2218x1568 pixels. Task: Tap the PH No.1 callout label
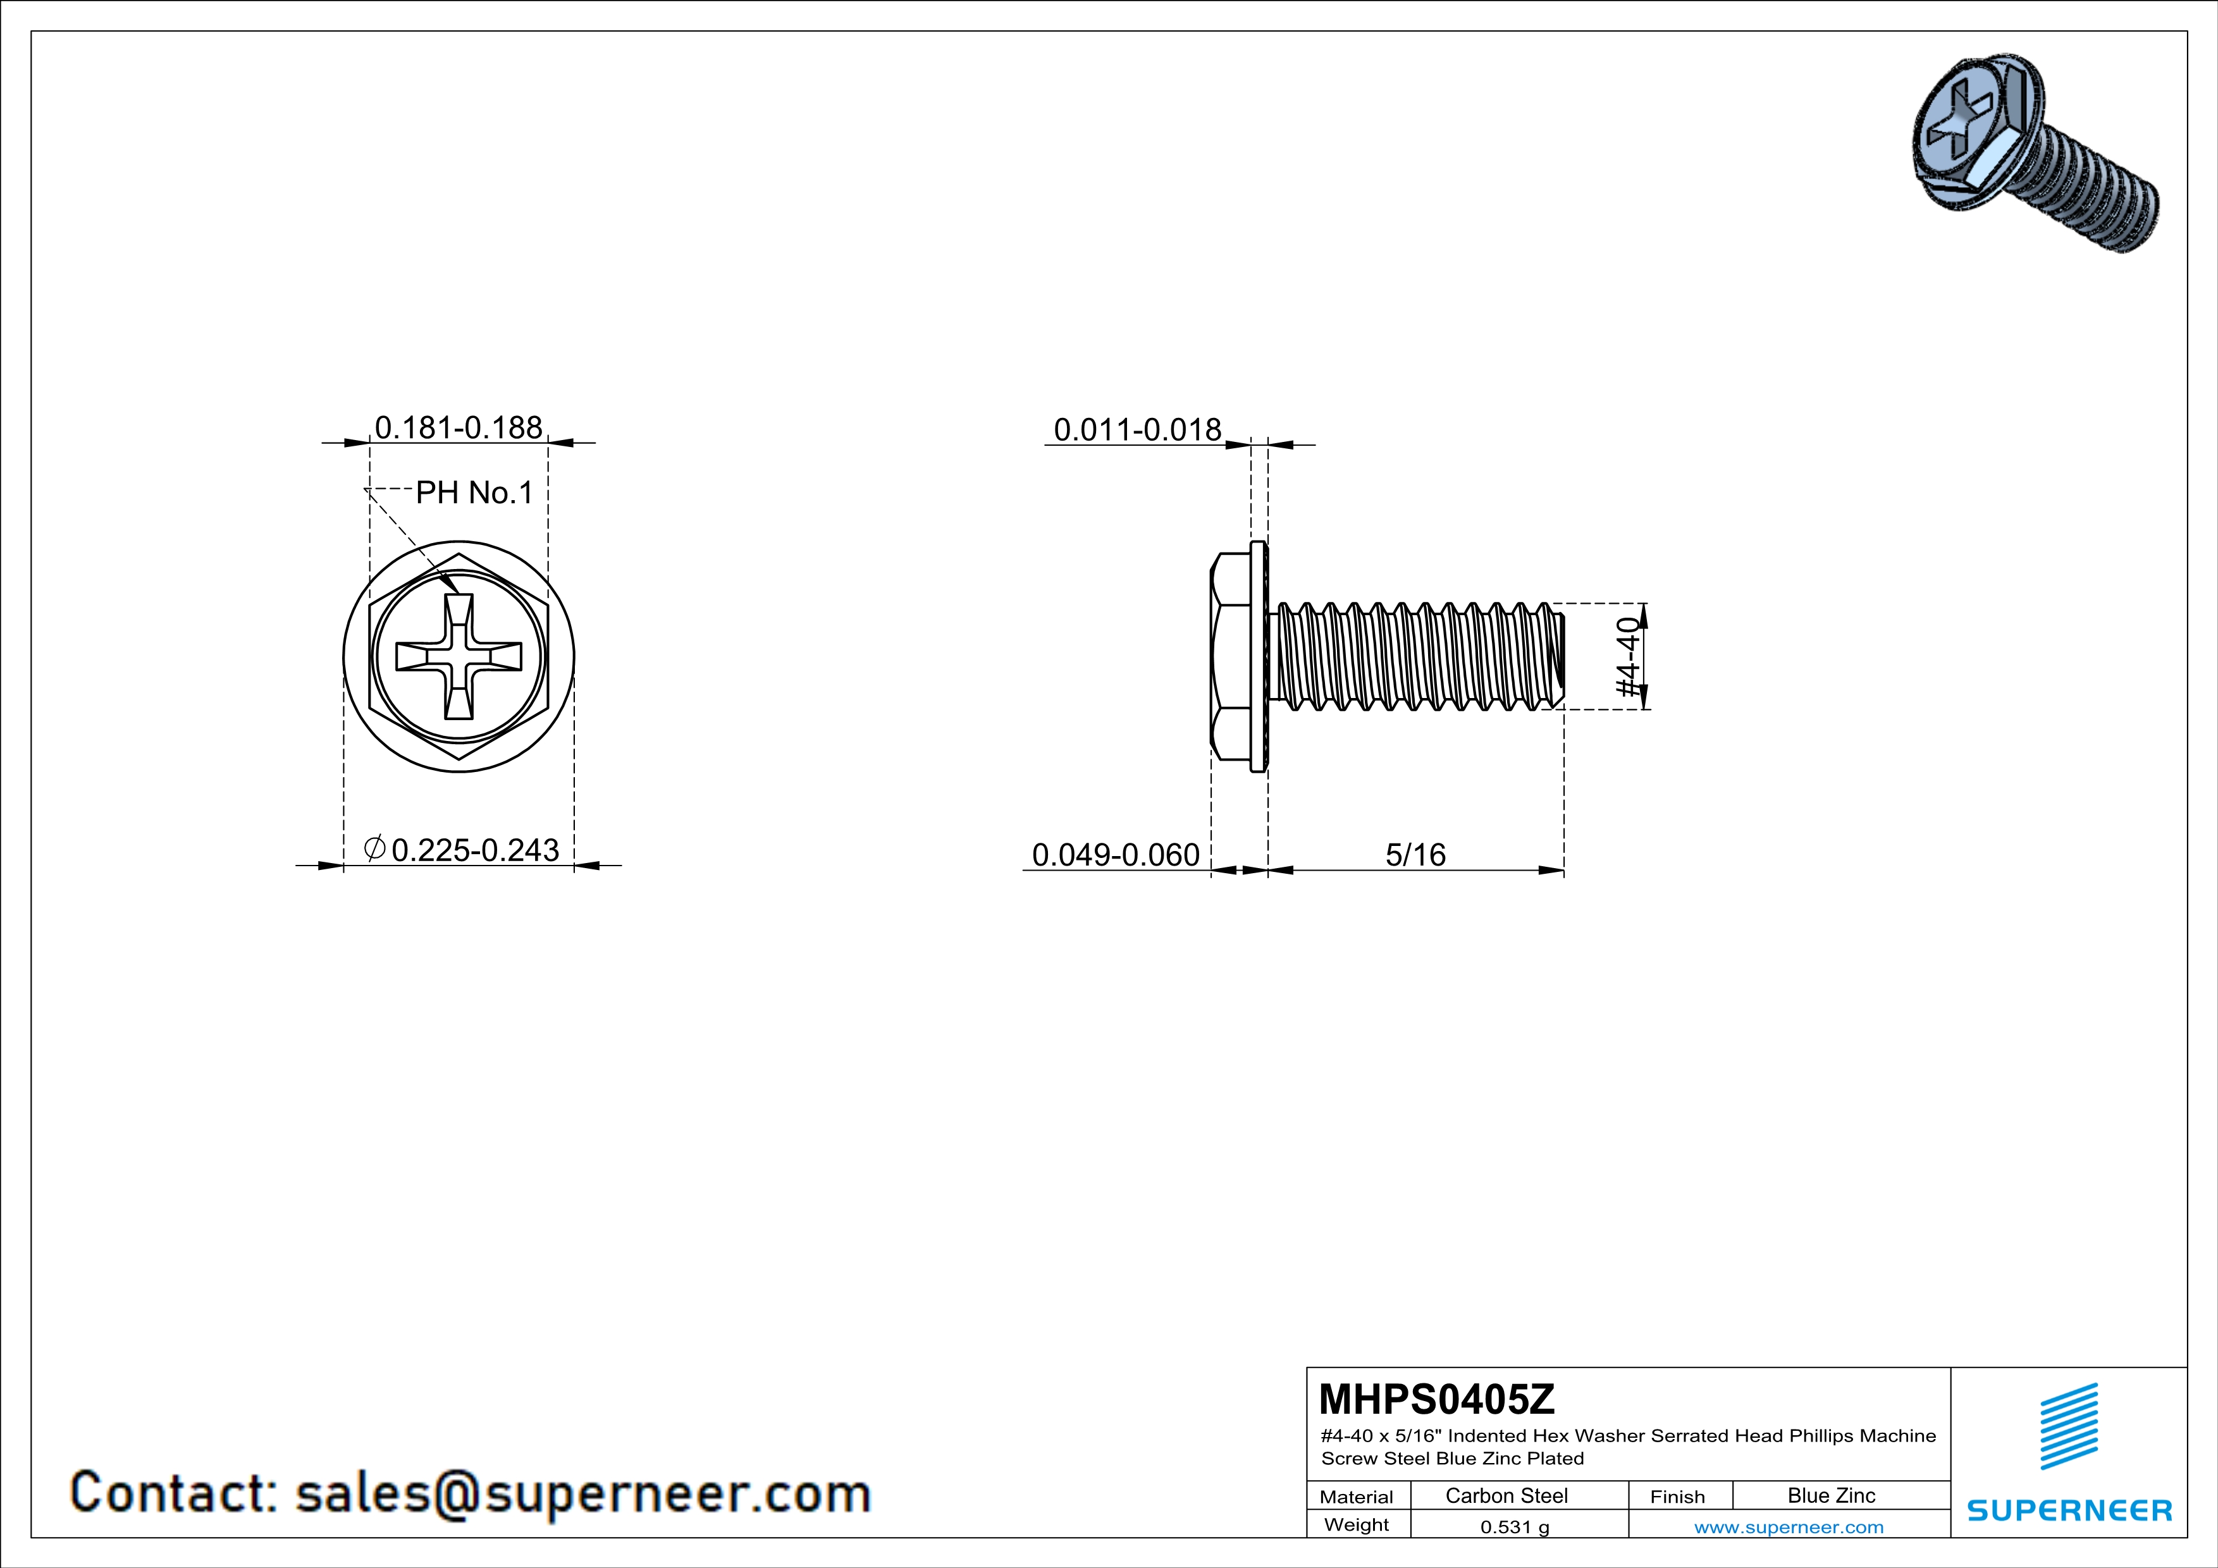(474, 493)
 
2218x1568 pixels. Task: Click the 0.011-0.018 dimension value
(1137, 430)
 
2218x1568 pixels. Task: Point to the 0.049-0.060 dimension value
(1116, 854)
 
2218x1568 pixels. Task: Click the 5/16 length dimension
(1415, 854)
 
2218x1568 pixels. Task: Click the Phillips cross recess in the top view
(459, 656)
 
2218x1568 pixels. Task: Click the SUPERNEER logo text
(2069, 1510)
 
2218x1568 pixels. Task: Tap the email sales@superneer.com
(582, 1493)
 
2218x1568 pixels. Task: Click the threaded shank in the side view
(1415, 656)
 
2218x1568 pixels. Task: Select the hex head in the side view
(1231, 656)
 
